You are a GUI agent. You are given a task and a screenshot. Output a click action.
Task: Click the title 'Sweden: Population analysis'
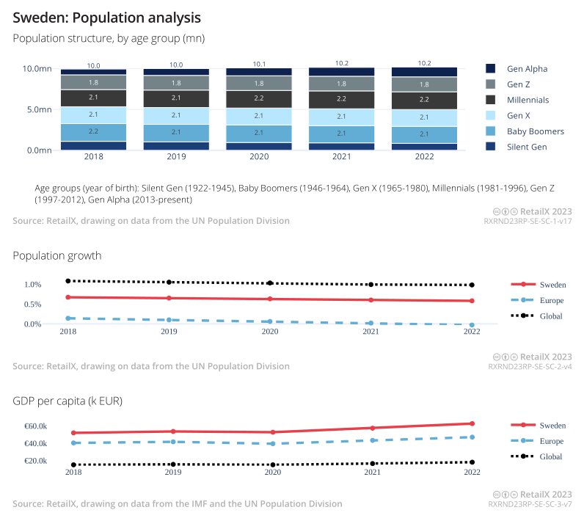pyautogui.click(x=107, y=16)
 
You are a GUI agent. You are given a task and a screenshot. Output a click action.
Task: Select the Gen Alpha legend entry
pyautogui.click(x=527, y=69)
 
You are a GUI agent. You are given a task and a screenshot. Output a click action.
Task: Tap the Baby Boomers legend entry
pyautogui.click(x=535, y=131)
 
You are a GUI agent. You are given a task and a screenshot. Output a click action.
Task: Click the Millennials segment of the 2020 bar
pyautogui.click(x=259, y=98)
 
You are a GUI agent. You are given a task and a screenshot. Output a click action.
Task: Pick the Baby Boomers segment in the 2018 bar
pyautogui.click(x=93, y=131)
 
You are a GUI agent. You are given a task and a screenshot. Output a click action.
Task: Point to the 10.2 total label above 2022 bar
pyautogui.click(x=424, y=63)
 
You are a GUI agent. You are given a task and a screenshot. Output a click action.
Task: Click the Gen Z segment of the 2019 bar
pyautogui.click(x=176, y=83)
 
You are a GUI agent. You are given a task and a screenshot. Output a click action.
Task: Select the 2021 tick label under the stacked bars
pyautogui.click(x=342, y=156)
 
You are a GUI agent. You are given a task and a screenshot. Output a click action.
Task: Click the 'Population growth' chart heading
pyautogui.click(x=57, y=255)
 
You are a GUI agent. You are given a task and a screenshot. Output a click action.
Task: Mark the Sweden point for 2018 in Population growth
pyautogui.click(x=67, y=297)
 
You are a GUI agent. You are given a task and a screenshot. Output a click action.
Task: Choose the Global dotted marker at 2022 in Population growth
pyautogui.click(x=472, y=285)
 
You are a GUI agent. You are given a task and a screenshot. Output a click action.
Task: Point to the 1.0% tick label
pyautogui.click(x=33, y=285)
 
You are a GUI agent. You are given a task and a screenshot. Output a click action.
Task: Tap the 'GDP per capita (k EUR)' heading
pyautogui.click(x=67, y=401)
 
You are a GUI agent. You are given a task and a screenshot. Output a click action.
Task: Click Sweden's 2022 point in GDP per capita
pyautogui.click(x=472, y=423)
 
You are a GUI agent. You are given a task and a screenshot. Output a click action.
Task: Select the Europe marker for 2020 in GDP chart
pyautogui.click(x=272, y=443)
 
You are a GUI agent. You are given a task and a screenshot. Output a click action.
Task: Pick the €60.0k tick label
pyautogui.click(x=36, y=426)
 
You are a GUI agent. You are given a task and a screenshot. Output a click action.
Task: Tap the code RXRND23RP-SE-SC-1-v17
pyautogui.click(x=530, y=221)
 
